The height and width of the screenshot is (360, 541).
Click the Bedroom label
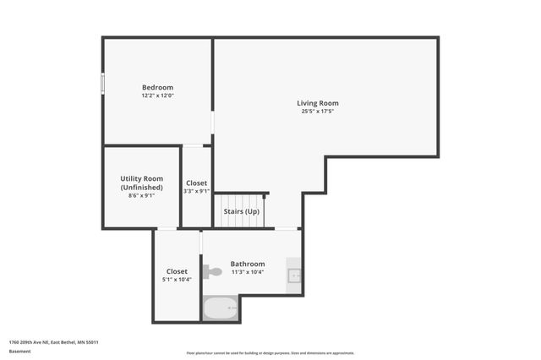click(157, 88)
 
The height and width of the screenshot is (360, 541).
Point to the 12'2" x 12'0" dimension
click(157, 95)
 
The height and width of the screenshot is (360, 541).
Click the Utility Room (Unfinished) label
click(141, 183)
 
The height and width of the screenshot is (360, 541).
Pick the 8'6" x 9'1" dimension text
click(141, 196)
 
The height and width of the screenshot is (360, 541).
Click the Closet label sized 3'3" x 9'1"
click(196, 183)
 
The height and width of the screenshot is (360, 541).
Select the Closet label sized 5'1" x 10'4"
click(177, 271)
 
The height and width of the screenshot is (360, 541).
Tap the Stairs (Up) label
click(241, 210)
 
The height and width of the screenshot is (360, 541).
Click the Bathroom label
click(248, 264)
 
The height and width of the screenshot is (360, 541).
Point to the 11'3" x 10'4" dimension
click(248, 272)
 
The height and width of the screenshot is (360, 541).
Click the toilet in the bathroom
click(212, 271)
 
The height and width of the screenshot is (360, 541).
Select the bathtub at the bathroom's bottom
click(221, 308)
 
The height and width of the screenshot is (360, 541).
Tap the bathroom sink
click(294, 275)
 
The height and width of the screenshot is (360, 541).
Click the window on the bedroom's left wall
click(103, 84)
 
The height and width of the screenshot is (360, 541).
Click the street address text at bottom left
click(54, 342)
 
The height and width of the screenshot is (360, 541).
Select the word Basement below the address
click(19, 351)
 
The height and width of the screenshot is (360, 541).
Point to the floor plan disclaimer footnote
click(270, 353)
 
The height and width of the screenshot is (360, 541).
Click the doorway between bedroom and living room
click(212, 123)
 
